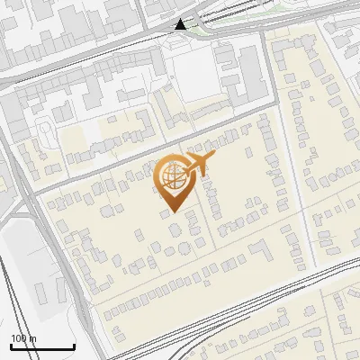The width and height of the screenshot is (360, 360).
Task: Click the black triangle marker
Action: [x=182, y=24]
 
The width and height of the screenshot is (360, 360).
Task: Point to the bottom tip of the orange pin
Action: [x=171, y=211]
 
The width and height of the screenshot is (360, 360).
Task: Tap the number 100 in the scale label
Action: [x=19, y=338]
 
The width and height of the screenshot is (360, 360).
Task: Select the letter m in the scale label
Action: [x=33, y=338]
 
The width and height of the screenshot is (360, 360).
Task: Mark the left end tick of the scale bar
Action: [x=11, y=346]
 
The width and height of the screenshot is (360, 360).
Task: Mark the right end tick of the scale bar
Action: [x=74, y=346]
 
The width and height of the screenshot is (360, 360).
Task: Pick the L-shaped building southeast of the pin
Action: [x=260, y=247]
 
